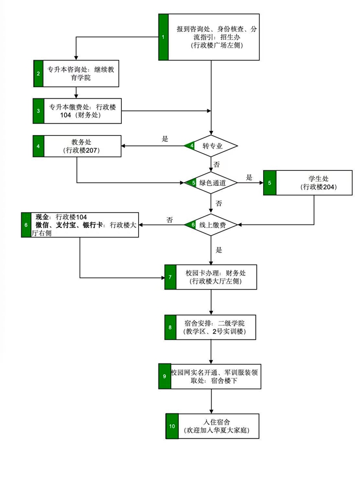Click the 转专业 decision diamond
point(212,145)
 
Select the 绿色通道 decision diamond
point(212,183)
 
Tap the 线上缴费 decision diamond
point(212,225)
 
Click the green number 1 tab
point(163,37)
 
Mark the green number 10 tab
point(171,426)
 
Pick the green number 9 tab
point(164,376)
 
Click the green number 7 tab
point(170,277)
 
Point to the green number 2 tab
point(38,74)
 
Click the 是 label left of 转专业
point(165,139)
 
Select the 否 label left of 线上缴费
point(170,219)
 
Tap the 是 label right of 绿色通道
point(249,177)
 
